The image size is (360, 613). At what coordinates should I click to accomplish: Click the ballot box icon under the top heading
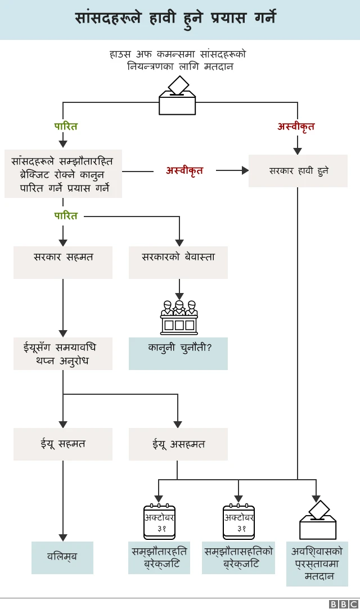(177, 97)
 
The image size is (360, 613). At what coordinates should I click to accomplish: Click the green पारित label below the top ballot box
(66, 127)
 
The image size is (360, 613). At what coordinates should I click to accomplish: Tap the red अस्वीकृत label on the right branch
(296, 127)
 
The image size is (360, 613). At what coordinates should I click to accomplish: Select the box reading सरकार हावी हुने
(298, 170)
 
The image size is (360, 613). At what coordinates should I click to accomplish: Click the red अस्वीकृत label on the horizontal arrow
(184, 170)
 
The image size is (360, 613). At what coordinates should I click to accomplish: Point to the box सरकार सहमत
(63, 262)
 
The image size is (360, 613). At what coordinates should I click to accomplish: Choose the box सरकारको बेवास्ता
(178, 262)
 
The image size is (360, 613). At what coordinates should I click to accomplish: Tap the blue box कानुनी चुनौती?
(178, 353)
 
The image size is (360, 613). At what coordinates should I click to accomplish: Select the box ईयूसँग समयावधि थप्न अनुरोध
(63, 353)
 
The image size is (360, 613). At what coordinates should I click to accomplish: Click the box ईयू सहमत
(63, 444)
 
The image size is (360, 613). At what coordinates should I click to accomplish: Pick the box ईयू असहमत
(178, 444)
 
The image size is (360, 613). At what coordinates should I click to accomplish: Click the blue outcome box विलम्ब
(62, 557)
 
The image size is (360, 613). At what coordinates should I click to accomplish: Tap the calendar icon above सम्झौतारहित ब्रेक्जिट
(159, 521)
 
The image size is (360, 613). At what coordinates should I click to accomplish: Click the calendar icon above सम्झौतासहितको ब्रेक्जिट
(238, 521)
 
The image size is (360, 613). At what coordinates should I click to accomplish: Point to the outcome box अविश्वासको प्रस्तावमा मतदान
(317, 564)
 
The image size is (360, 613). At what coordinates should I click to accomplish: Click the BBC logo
(343, 604)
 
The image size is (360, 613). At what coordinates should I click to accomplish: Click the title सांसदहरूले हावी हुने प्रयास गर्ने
(175, 19)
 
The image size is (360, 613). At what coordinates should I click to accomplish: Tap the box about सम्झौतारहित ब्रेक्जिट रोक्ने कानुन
(63, 174)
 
